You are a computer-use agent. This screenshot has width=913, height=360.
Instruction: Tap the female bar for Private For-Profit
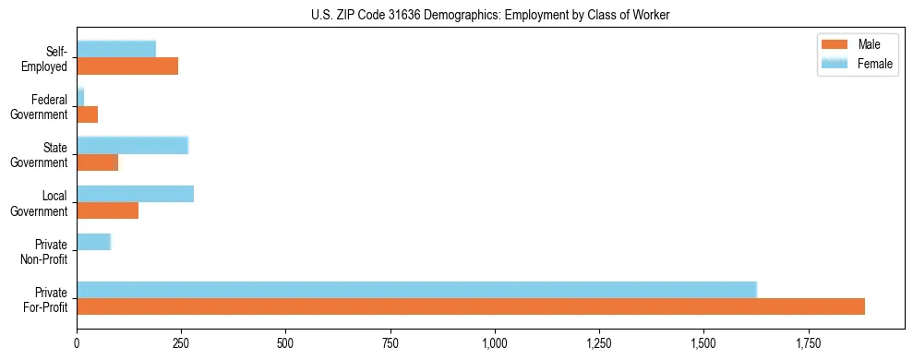[416, 290]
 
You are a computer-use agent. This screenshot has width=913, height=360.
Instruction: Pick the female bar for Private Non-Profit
[93, 242]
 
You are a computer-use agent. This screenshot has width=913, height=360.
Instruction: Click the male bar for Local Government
[107, 210]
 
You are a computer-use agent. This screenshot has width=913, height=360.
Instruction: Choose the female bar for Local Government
[135, 194]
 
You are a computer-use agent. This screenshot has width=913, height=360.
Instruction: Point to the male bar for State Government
[97, 162]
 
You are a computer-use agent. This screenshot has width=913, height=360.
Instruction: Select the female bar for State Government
[132, 146]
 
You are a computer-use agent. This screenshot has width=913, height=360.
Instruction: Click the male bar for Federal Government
[87, 114]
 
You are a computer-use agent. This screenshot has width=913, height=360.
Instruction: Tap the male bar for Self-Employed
[127, 66]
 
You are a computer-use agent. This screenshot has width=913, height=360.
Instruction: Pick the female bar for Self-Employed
[116, 49]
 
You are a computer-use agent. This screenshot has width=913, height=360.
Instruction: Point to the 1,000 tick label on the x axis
[495, 344]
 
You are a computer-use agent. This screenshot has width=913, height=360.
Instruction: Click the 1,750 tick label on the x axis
[809, 344]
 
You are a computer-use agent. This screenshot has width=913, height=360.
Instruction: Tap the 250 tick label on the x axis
[181, 344]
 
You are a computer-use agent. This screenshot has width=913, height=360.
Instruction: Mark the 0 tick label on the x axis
[77, 344]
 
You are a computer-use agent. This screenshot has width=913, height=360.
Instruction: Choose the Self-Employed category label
[47, 58]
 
